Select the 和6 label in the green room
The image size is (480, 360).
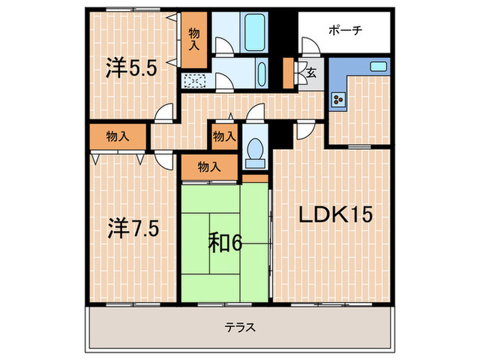(x=226, y=243)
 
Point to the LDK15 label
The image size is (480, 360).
(x=335, y=215)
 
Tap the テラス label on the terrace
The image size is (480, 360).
(x=240, y=327)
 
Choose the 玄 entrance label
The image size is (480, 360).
(x=311, y=71)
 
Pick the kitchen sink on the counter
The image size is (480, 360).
(x=379, y=67)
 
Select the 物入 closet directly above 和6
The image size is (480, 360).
(x=209, y=166)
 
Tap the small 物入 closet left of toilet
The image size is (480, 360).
(x=223, y=136)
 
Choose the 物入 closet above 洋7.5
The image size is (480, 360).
(x=117, y=136)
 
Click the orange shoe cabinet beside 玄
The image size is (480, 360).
(x=288, y=71)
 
